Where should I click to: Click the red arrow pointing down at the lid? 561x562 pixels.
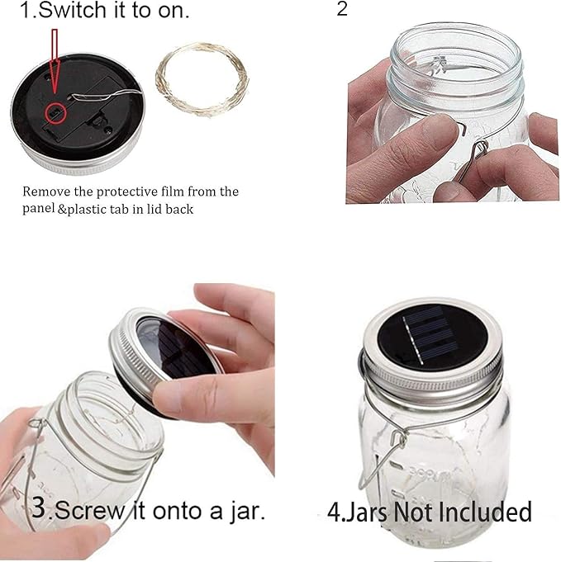coord(55,62)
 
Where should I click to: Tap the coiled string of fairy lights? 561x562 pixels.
coord(202,80)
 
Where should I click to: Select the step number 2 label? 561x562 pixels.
coord(343,10)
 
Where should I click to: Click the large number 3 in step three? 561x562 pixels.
coord(39,507)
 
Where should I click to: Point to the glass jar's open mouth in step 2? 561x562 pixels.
coord(454,54)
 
